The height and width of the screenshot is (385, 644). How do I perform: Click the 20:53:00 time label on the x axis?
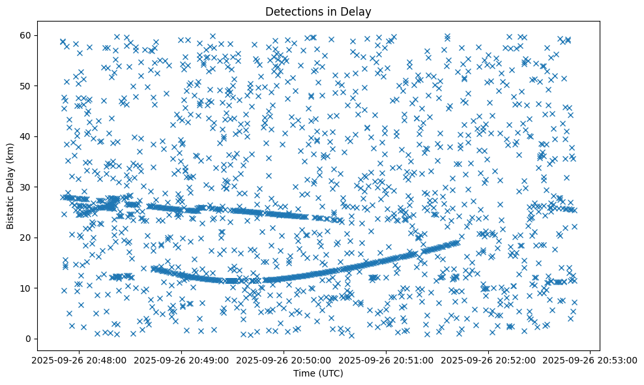(x=591, y=360)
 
